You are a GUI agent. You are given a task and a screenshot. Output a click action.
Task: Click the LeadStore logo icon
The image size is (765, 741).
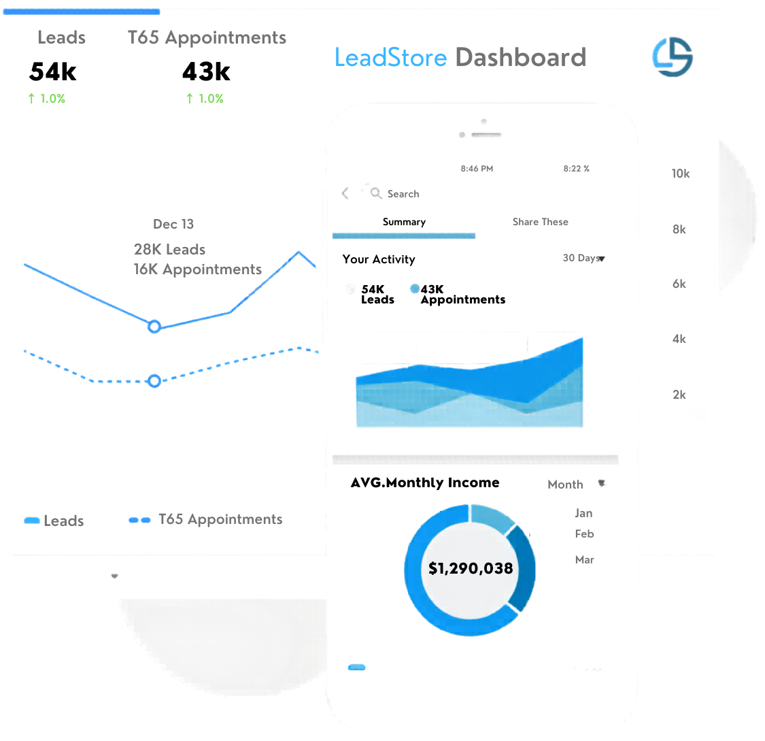pyautogui.click(x=672, y=56)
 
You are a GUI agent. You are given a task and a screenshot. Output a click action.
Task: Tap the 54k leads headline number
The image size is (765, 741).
pyautogui.click(x=53, y=71)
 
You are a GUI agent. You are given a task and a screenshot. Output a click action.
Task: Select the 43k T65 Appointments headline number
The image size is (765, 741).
pyautogui.click(x=206, y=71)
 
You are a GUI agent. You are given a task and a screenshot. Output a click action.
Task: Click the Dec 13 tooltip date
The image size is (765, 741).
pyautogui.click(x=173, y=224)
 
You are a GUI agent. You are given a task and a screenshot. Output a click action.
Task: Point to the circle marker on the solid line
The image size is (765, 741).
pyautogui.click(x=154, y=327)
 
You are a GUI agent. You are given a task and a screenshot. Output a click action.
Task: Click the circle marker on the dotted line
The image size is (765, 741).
pyautogui.click(x=154, y=381)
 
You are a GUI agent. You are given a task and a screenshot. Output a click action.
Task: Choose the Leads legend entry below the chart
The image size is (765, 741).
pyautogui.click(x=54, y=521)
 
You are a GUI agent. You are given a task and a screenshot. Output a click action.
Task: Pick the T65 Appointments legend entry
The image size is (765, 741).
pyautogui.click(x=206, y=520)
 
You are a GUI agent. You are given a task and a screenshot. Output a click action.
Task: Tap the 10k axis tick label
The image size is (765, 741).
pyautogui.click(x=680, y=174)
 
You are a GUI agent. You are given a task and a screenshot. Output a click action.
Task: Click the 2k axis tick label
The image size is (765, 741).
pyautogui.click(x=679, y=395)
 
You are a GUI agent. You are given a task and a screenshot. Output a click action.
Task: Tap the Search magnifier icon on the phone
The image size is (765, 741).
pyautogui.click(x=376, y=194)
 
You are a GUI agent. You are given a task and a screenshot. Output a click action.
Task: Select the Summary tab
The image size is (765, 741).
pyautogui.click(x=404, y=223)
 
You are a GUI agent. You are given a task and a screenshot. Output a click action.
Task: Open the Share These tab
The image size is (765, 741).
pyautogui.click(x=540, y=222)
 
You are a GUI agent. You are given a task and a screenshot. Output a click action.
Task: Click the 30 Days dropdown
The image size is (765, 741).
pyautogui.click(x=583, y=259)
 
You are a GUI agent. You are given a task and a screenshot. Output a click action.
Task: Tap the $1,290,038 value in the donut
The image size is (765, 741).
pyautogui.click(x=471, y=568)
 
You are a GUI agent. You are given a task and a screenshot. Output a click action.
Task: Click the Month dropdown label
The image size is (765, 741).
pyautogui.click(x=566, y=484)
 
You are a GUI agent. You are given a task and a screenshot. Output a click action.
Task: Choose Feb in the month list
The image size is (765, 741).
pyautogui.click(x=584, y=534)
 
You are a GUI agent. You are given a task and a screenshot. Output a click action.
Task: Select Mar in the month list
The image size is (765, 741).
pyautogui.click(x=584, y=560)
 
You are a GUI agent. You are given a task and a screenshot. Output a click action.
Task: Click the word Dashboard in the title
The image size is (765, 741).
pyautogui.click(x=520, y=58)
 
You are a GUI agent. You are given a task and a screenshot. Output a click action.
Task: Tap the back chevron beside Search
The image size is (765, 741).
pyautogui.click(x=345, y=193)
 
